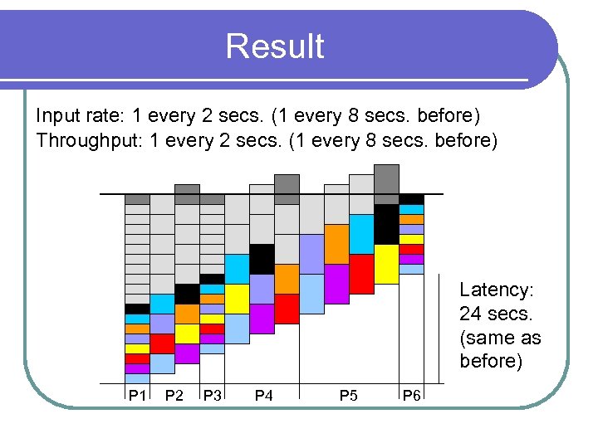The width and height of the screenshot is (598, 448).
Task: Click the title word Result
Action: [274, 46]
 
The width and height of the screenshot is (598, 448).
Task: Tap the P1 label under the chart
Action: [137, 396]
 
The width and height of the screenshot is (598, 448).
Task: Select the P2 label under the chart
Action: [174, 396]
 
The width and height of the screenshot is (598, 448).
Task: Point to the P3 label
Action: [212, 396]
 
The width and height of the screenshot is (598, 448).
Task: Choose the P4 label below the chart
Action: [263, 396]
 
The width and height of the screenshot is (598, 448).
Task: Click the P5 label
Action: [349, 396]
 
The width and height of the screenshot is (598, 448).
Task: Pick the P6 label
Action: [411, 396]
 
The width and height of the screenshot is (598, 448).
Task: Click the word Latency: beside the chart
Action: [497, 290]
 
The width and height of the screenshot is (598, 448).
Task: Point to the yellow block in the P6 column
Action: [412, 239]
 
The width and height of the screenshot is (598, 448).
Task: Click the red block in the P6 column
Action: [412, 249]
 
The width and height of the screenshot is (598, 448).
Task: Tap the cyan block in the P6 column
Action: [412, 209]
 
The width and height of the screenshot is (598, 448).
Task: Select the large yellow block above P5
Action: [386, 264]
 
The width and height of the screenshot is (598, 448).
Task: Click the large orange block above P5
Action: [336, 244]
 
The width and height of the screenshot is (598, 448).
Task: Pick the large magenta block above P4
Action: [262, 319]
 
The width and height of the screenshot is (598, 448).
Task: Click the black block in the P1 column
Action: [137, 309]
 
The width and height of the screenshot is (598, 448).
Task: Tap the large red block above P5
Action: [361, 274]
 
